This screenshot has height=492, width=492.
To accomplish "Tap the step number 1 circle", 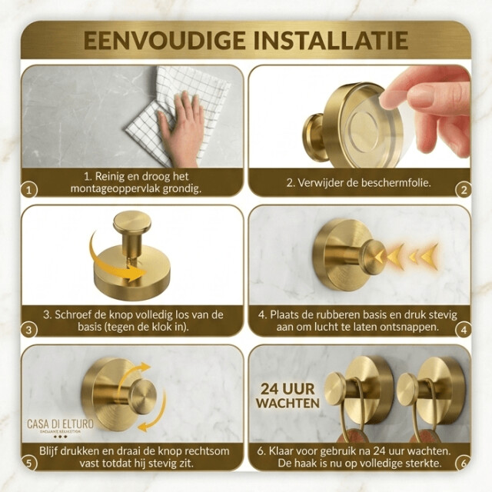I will click(28, 190).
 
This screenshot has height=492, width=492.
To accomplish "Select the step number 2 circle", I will click(463, 190).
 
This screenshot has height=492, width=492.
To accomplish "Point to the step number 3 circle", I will click(28, 330).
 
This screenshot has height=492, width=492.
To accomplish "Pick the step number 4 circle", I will click(463, 330).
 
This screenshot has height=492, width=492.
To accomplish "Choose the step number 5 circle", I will click(28, 463).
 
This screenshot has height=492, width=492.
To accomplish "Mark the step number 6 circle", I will click(463, 463).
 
